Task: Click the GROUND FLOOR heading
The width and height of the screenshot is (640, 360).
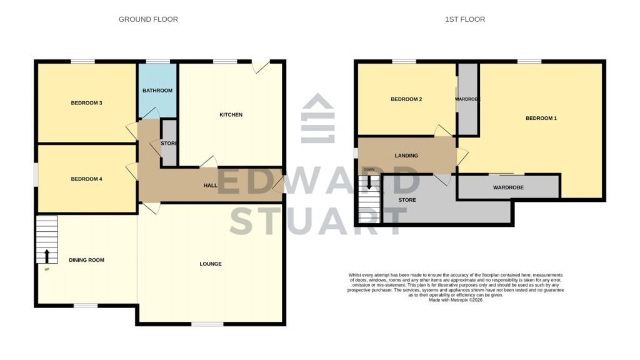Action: pos(148,19)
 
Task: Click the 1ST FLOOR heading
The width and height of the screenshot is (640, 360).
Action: pos(465,19)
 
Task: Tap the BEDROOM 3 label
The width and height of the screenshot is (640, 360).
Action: pos(86,103)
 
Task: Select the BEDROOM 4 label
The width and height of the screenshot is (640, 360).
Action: pos(86,179)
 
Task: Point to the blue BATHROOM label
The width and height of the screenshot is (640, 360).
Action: pos(157,90)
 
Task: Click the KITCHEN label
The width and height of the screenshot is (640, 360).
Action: pos(231,115)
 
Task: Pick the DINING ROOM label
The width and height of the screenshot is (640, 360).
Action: pos(86,260)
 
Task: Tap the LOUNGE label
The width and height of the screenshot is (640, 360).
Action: pos(211,264)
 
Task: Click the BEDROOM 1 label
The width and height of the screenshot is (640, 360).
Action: pos(541,118)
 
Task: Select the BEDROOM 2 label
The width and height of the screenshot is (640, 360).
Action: pos(406,99)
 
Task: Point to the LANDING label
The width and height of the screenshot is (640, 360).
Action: pos(406,156)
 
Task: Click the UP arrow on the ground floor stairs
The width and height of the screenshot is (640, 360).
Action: pos(47,256)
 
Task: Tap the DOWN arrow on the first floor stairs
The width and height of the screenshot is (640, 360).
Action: pos(369,182)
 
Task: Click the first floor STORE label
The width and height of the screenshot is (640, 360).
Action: pos(407,200)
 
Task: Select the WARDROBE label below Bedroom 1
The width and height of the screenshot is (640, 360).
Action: pos(508,187)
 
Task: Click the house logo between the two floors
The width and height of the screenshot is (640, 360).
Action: pos(318,118)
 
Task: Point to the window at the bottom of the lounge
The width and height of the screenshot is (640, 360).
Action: pos(207,324)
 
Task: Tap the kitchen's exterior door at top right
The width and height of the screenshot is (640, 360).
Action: pos(261,66)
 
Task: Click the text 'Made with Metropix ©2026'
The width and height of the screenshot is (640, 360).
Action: pos(456,300)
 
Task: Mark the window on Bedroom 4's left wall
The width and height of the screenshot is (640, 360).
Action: pos(36,175)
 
